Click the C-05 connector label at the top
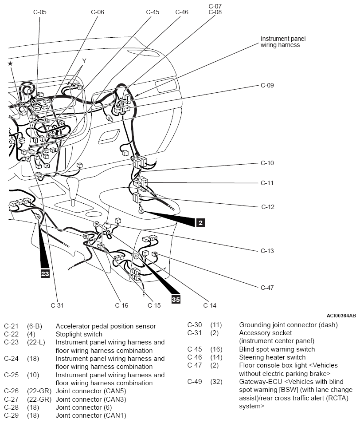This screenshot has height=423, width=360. pos(40,12)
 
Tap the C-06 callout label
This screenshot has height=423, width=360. pos(97,12)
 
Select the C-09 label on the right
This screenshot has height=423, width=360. pos(267,86)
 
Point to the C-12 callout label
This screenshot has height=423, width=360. pos(268,207)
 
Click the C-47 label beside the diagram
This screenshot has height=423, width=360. pos(267,288)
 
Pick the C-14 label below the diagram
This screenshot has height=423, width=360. pos(210,305)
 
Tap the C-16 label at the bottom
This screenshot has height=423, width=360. pos(121,305)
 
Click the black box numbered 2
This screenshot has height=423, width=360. pos(200,223)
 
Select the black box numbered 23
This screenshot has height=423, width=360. pos(45,273)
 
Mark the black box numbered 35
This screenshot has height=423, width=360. pos(176,299)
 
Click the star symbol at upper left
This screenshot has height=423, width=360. pos(10,63)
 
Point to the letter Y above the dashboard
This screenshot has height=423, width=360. pos(84,61)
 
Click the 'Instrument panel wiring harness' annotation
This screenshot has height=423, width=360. pos(283,42)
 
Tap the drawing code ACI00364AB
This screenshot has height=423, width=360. pos(341,315)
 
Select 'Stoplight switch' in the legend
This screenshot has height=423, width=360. pos(79,334)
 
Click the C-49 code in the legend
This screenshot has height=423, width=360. pos(195,382)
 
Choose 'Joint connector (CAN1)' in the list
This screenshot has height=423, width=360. pos(91,415)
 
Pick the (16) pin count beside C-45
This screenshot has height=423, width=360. pos(216,349)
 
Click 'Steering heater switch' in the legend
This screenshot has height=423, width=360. pos(272,357)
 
